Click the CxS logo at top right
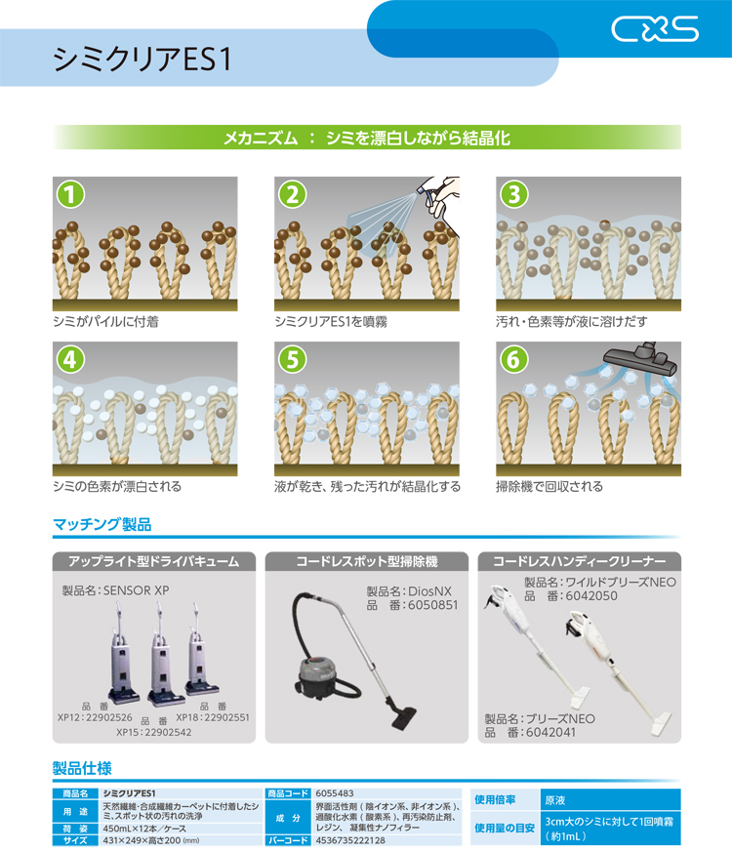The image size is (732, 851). (x=655, y=28)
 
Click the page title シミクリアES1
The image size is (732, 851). (x=142, y=60)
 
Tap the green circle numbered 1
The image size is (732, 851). (x=71, y=194)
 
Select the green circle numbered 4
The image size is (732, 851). (x=71, y=359)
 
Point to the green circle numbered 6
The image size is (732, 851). (x=514, y=359)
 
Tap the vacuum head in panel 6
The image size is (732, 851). (x=641, y=359)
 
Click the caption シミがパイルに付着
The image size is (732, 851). (x=105, y=322)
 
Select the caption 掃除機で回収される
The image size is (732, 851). (x=549, y=486)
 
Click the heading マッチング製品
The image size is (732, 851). (x=102, y=524)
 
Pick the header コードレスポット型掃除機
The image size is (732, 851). (x=367, y=561)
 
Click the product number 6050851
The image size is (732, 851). (x=432, y=605)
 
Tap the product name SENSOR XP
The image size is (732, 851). (x=137, y=590)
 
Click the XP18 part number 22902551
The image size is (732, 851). (x=223, y=717)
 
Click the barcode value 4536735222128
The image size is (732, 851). (x=350, y=840)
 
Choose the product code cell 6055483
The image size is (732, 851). (x=335, y=793)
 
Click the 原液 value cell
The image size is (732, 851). (x=610, y=800)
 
